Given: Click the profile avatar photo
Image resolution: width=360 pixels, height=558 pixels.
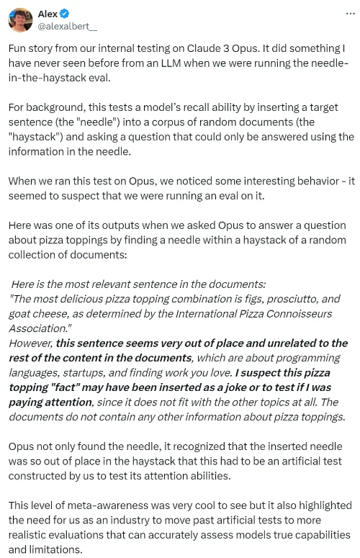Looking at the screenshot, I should tap(20, 19).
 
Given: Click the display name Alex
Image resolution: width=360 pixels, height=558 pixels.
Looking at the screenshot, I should tap(48, 13).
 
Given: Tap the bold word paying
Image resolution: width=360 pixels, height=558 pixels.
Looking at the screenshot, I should tap(28, 402).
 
